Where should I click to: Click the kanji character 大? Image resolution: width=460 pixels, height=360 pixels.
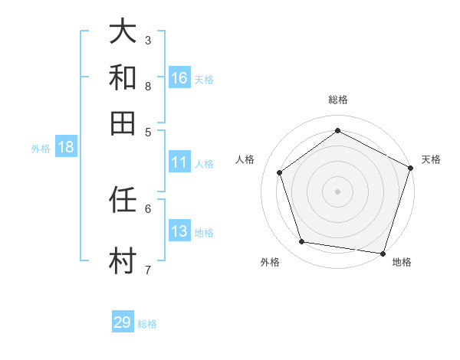pyautogui.click(x=123, y=32)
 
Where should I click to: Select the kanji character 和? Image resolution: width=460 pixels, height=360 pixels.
pyautogui.click(x=123, y=77)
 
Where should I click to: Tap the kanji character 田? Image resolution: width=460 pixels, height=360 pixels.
pyautogui.click(x=123, y=123)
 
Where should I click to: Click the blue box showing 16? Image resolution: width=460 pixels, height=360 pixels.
pyautogui.click(x=179, y=78)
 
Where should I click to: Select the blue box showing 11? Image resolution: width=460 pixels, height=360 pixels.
pyautogui.click(x=179, y=162)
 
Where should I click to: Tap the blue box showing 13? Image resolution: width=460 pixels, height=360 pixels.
pyautogui.click(x=179, y=232)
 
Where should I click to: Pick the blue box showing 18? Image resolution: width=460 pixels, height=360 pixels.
pyautogui.click(x=66, y=148)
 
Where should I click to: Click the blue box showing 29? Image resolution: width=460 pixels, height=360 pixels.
pyautogui.click(x=123, y=322)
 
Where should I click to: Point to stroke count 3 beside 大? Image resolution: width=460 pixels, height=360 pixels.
pyautogui.click(x=148, y=40)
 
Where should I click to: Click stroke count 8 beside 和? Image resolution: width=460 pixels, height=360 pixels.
pyautogui.click(x=148, y=86)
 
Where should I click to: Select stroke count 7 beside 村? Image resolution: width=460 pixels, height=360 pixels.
pyautogui.click(x=148, y=269)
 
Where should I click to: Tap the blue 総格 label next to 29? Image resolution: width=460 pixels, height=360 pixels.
pyautogui.click(x=148, y=324)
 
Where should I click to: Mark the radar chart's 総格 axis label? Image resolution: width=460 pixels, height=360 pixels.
pyautogui.click(x=337, y=100)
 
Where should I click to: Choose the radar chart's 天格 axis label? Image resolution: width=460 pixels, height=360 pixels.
pyautogui.click(x=431, y=159)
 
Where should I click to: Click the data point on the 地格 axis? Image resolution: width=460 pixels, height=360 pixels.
pyautogui.click(x=383, y=253)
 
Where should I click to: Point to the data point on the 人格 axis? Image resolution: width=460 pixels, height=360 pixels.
pyautogui.click(x=280, y=172)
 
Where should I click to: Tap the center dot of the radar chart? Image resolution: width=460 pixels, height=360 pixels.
pyautogui.click(x=337, y=191)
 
